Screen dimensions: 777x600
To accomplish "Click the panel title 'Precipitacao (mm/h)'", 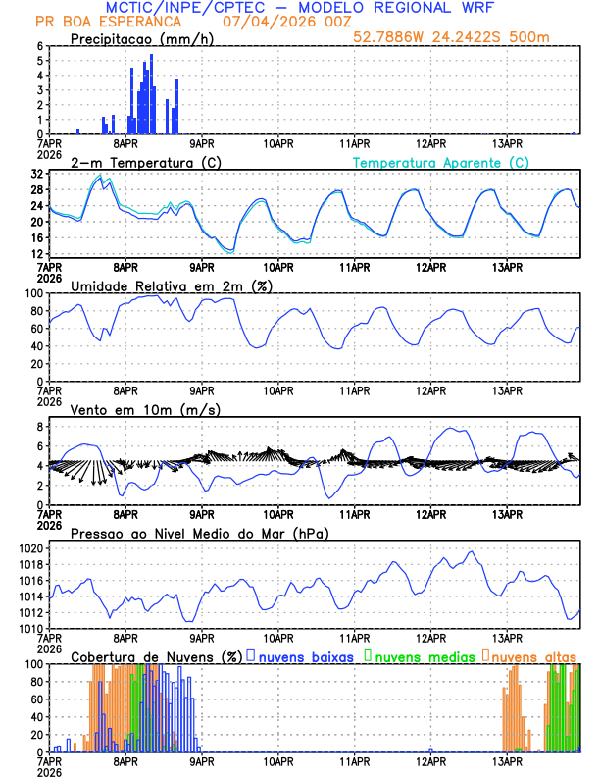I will point(141,38).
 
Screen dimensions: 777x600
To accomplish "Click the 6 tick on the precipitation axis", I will point(39,46).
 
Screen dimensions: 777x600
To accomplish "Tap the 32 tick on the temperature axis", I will point(35,174).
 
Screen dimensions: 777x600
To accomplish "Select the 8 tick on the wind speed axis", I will point(39,427).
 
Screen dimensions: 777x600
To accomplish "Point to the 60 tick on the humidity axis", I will point(35,329).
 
